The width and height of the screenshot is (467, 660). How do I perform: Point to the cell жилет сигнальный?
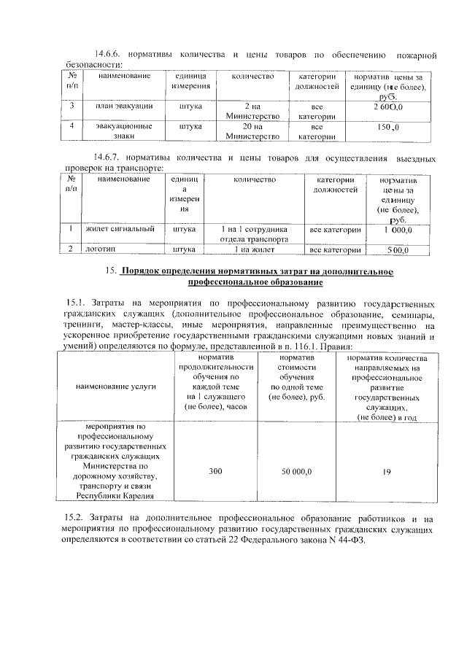click(120, 229)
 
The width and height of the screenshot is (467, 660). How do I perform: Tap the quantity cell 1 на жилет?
click(253, 249)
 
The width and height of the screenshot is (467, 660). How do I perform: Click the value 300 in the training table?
click(215, 472)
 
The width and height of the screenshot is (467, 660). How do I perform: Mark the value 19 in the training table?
click(387, 472)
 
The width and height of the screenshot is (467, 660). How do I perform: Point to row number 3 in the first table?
click(72, 106)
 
